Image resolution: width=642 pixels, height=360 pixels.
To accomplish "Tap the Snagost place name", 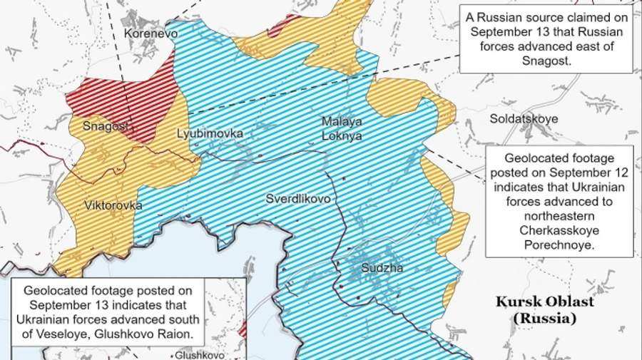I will (106, 126).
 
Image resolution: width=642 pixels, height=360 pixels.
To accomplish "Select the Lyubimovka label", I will (210, 133).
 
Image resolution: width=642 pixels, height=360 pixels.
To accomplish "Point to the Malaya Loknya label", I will (341, 128).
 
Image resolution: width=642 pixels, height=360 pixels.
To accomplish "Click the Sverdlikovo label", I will (298, 199).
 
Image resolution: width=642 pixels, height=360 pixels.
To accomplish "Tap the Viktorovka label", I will (113, 205).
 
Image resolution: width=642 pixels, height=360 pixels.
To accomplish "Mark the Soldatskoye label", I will (524, 119).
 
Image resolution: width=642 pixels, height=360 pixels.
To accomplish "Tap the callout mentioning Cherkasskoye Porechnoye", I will (559, 202).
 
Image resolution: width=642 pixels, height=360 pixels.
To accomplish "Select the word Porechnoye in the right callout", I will (559, 246).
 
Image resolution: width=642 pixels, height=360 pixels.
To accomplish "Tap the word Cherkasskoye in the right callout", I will (559, 232).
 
